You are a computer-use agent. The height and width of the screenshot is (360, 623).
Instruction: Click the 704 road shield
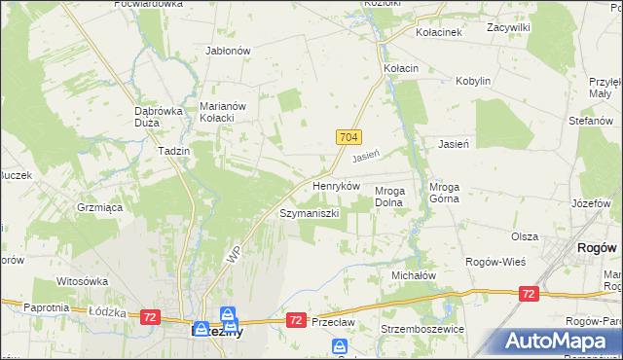[x=351, y=138]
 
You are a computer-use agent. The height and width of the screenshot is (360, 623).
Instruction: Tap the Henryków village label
[x=336, y=185]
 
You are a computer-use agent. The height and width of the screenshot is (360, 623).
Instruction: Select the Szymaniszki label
[x=309, y=212]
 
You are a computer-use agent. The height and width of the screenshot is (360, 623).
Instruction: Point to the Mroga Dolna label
[x=396, y=197]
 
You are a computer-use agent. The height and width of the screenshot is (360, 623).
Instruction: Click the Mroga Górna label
[x=450, y=197]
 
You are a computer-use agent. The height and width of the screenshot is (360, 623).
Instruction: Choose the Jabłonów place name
[x=229, y=51]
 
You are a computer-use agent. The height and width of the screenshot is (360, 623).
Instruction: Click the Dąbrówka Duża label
[x=159, y=117]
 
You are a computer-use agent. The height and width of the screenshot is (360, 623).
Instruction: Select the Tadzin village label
[x=173, y=151]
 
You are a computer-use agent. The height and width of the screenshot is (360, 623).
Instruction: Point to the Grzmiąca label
[x=98, y=207]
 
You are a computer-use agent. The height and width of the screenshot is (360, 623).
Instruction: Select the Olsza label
[x=525, y=236]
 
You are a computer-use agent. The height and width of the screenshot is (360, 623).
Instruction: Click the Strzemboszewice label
[x=423, y=329]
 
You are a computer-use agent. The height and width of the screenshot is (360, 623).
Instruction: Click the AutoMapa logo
[x=560, y=340]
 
